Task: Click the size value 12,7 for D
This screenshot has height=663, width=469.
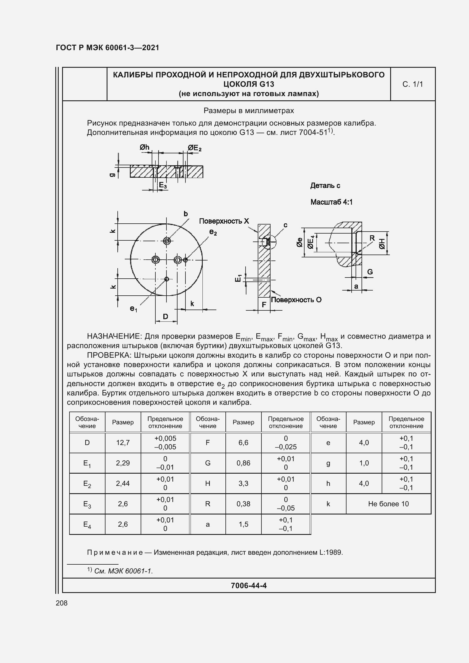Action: [x=123, y=442]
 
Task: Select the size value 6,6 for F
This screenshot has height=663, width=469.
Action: [x=243, y=442]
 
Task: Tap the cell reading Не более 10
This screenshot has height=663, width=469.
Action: [x=388, y=504]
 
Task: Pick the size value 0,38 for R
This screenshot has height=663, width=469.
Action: [x=243, y=504]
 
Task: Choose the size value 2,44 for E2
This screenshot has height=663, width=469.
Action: [x=123, y=483]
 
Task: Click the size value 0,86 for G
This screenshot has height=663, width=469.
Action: [x=243, y=463]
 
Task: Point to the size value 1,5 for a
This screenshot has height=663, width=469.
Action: [x=243, y=524]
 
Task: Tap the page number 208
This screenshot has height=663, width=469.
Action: [x=62, y=603]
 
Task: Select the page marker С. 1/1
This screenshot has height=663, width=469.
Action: [x=412, y=84]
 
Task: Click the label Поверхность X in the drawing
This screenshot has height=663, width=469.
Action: [x=224, y=221]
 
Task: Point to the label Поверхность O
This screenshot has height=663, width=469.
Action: [x=296, y=300]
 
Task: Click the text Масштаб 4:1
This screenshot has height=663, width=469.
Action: [x=331, y=202]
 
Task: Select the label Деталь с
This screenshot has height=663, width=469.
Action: [x=325, y=186]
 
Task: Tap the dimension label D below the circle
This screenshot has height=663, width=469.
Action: [x=166, y=317]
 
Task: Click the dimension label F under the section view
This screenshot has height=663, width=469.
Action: [x=264, y=305]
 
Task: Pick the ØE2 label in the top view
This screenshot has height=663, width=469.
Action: [x=194, y=148]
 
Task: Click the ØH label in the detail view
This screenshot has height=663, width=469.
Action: [x=382, y=244]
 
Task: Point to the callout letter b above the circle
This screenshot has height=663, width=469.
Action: [x=186, y=214]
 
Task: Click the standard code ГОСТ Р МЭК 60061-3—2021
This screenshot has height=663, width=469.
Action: [x=107, y=48]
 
